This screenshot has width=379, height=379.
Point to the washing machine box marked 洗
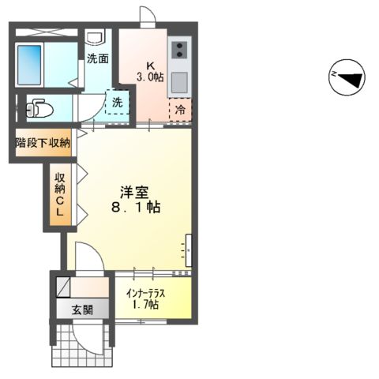[117, 103]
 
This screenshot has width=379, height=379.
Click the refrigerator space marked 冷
[180, 108]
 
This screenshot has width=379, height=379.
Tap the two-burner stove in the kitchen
[179, 50]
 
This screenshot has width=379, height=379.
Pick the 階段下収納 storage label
[43, 143]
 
